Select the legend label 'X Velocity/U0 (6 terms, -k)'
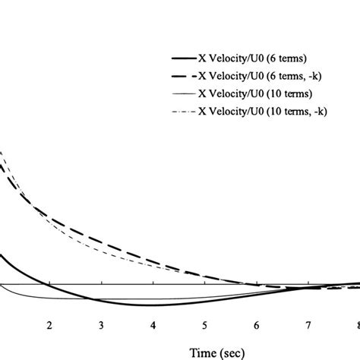(261, 77)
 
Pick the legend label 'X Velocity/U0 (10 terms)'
(255, 94)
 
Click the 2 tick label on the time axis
(50, 326)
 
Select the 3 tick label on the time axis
(102, 326)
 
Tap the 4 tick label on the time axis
(153, 326)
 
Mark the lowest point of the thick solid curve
(144, 305)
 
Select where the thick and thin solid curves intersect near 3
(90, 298)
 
